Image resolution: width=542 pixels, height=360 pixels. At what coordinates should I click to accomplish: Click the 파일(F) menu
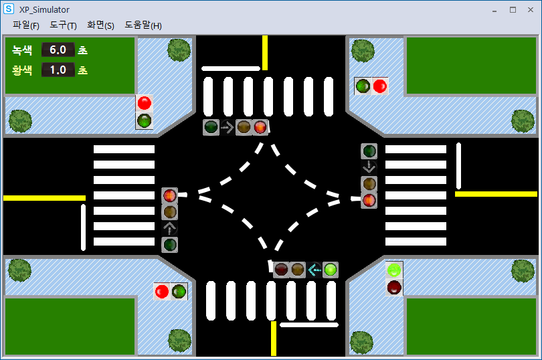tap(26, 25)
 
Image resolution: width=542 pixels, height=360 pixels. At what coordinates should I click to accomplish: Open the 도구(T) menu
tap(63, 25)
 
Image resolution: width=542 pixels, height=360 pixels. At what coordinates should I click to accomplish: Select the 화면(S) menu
tap(100, 25)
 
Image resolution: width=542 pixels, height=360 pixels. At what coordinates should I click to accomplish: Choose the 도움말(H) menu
tap(143, 25)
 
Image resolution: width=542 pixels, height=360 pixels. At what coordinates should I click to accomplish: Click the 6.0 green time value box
tap(58, 50)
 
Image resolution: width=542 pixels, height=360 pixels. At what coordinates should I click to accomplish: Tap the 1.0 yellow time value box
tap(58, 70)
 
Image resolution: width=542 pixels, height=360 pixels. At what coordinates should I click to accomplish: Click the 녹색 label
tap(22, 50)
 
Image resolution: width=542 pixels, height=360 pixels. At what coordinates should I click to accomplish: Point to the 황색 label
tap(22, 70)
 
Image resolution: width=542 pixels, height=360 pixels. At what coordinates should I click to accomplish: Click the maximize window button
tap(513, 9)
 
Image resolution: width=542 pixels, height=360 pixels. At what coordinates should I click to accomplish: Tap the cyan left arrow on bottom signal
tap(314, 270)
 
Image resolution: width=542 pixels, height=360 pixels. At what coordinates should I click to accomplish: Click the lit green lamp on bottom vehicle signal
tap(331, 270)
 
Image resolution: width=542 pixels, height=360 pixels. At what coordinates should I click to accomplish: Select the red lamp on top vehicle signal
tap(260, 127)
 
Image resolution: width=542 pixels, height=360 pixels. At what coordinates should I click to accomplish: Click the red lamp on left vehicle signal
tap(170, 195)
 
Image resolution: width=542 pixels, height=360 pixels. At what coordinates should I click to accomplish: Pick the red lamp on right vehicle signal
tap(369, 199)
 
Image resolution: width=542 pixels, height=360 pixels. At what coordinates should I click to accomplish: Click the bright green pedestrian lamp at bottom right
tap(394, 270)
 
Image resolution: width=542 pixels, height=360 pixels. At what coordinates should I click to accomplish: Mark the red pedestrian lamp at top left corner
tap(144, 103)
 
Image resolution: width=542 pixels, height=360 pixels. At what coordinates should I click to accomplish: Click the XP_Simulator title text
tap(44, 9)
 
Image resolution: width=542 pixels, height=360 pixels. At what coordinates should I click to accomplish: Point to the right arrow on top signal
tap(228, 127)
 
